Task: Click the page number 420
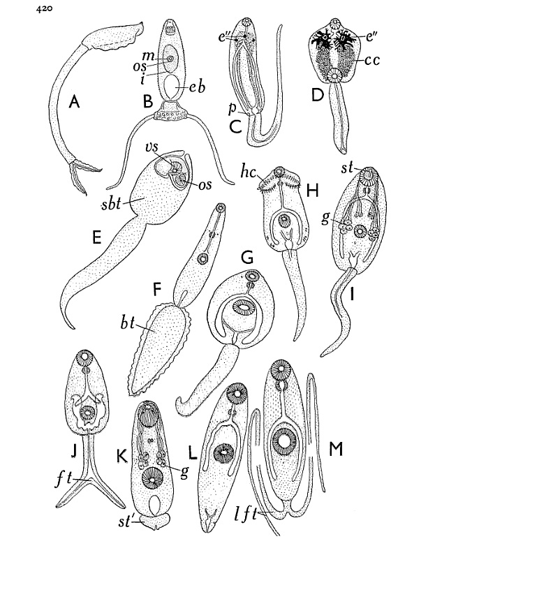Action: [x=44, y=8]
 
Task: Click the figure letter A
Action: [x=74, y=102]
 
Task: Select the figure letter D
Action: [x=317, y=95]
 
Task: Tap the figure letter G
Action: [x=247, y=258]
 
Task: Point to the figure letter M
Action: [x=336, y=449]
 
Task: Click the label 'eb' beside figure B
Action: [x=197, y=87]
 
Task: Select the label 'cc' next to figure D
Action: [x=372, y=60]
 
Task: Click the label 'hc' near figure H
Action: [x=249, y=171]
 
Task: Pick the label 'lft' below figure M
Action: [x=246, y=513]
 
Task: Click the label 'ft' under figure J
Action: [x=64, y=478]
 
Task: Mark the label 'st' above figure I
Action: [x=347, y=168]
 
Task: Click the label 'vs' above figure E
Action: [x=152, y=147]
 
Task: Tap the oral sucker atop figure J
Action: [x=84, y=357]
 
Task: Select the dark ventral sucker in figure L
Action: [x=224, y=454]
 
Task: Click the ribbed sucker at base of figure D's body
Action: [x=334, y=75]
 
